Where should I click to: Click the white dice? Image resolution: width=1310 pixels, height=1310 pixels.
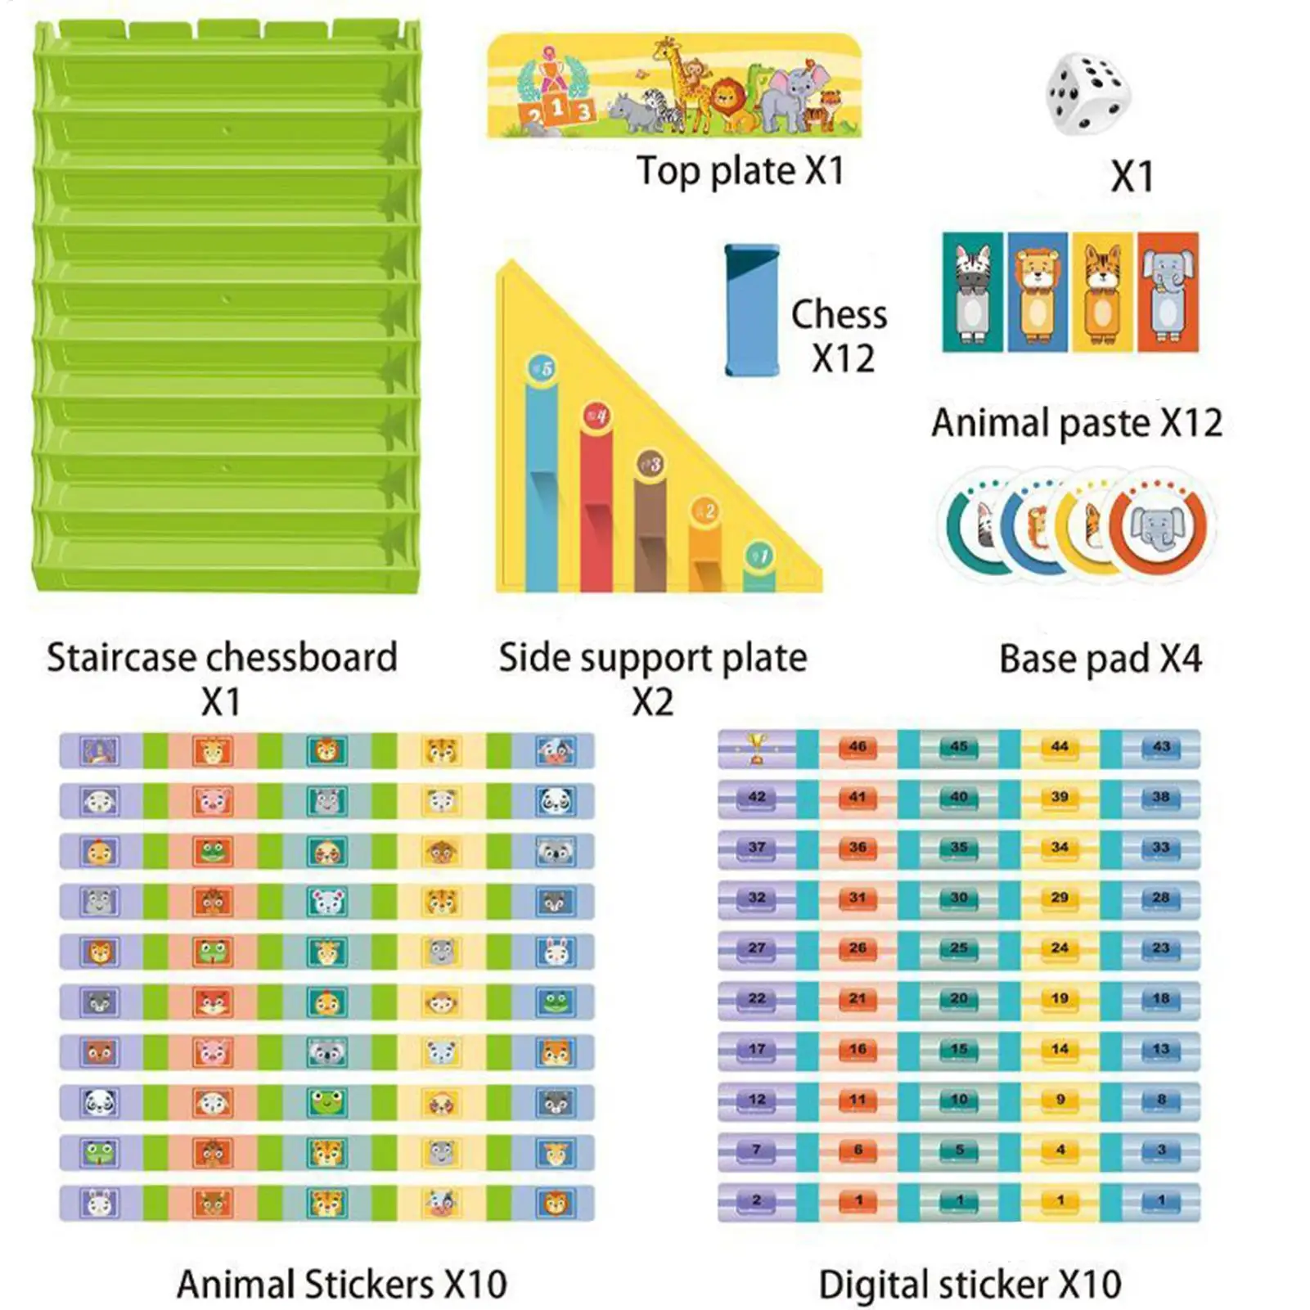click(x=1087, y=93)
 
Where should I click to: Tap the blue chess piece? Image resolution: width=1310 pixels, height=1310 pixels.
click(x=751, y=311)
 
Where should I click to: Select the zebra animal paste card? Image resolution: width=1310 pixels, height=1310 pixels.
click(x=972, y=292)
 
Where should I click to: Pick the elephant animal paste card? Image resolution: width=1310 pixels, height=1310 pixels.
click(x=1168, y=292)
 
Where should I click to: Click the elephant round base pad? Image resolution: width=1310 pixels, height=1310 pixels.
click(x=1157, y=526)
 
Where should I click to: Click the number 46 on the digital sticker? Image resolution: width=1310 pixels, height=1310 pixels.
click(x=858, y=747)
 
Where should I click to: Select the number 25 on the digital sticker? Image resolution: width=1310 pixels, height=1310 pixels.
click(x=958, y=948)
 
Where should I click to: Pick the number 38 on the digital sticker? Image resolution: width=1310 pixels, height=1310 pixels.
click(x=1160, y=797)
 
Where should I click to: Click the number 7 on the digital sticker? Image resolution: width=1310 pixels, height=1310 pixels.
click(x=757, y=1150)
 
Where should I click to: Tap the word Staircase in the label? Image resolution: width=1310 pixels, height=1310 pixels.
click(x=121, y=658)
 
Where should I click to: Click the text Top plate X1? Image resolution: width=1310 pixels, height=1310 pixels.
click(x=740, y=172)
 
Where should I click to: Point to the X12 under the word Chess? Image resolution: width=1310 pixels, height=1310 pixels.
click(x=843, y=358)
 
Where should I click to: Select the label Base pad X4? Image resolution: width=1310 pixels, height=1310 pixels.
click(x=1101, y=659)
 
